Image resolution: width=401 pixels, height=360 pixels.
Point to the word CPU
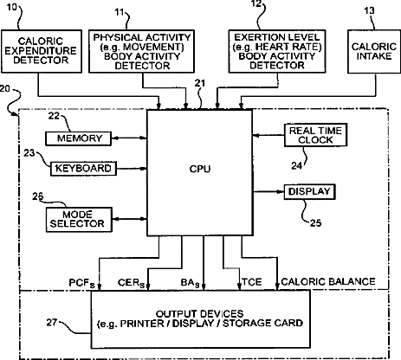(x=200, y=169)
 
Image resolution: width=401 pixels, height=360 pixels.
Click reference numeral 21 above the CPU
(x=200, y=83)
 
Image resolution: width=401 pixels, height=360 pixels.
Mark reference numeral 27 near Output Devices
(x=52, y=322)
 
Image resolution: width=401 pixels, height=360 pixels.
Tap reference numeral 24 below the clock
(x=296, y=165)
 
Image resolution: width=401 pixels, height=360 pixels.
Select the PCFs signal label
(x=81, y=283)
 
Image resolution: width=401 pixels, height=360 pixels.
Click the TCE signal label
(x=252, y=282)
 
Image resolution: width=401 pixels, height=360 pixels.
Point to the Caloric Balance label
(x=328, y=281)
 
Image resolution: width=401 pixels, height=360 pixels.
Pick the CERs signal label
(x=131, y=283)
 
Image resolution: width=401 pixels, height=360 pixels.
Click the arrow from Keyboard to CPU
(x=132, y=169)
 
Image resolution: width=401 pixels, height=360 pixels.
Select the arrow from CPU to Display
(x=268, y=191)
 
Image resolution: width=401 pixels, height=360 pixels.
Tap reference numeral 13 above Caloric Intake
(x=369, y=11)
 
